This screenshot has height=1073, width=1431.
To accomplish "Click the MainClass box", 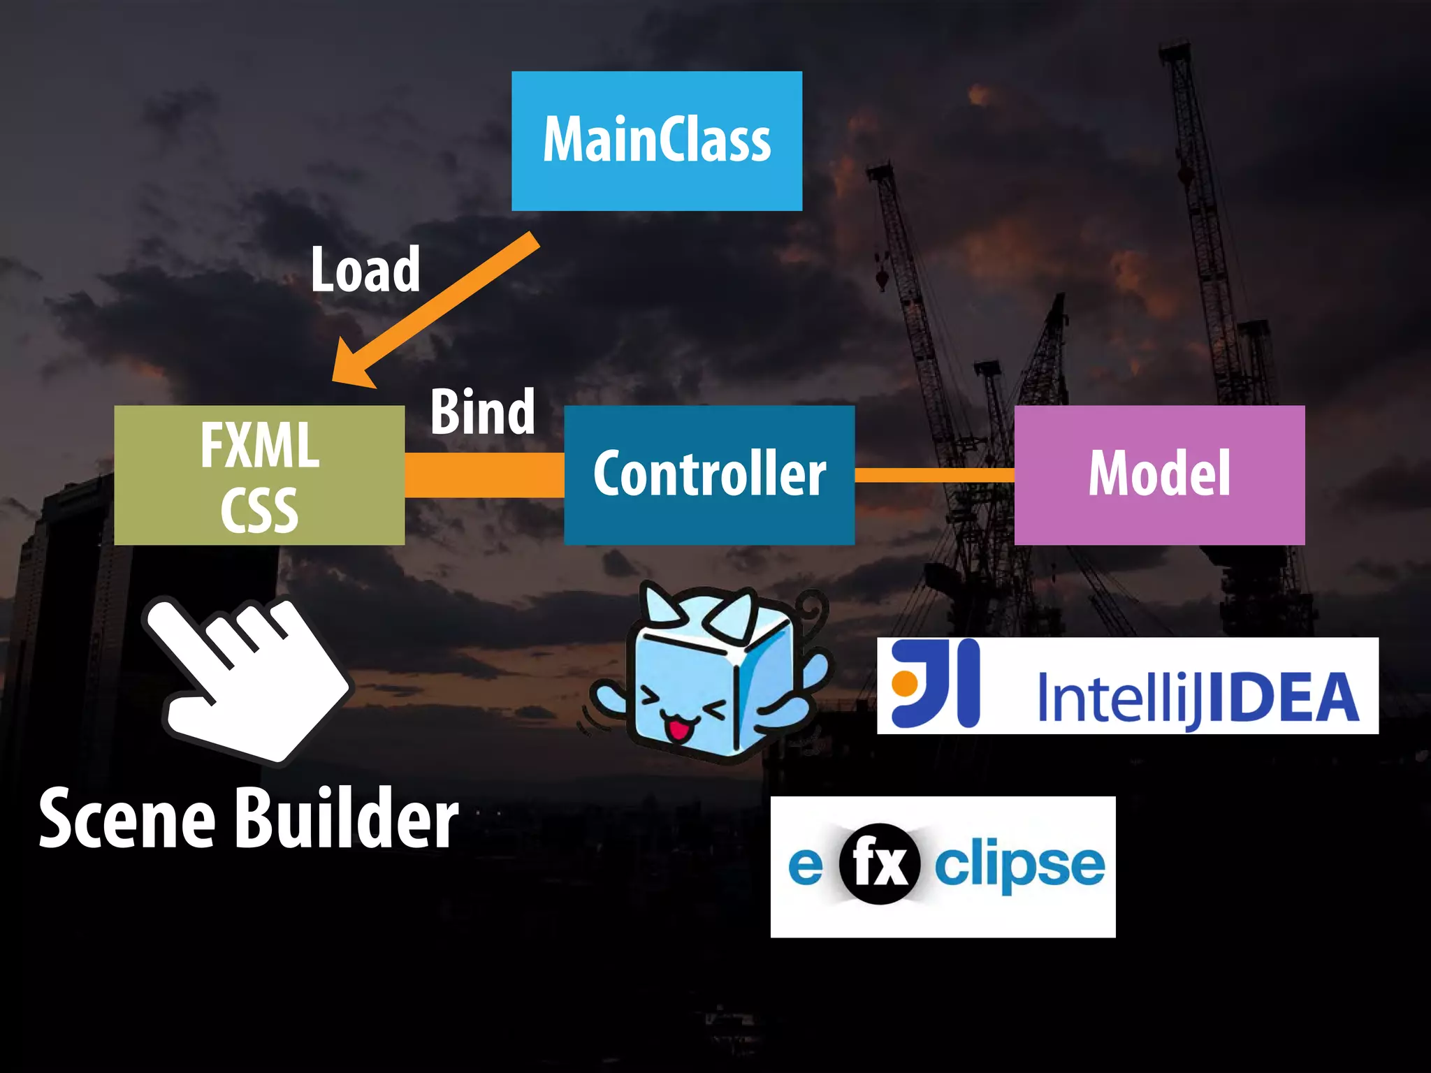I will [657, 140].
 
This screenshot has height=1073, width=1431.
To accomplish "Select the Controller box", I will [709, 474].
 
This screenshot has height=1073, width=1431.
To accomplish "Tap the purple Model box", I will [1159, 474].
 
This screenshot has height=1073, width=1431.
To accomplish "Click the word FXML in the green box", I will [260, 445].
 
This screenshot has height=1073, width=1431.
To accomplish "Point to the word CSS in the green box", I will [260, 510].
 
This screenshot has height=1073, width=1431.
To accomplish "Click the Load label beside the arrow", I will [365, 270].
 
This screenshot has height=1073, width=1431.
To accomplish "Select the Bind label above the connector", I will [483, 412].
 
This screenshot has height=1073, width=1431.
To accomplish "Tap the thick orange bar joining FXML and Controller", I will [484, 475].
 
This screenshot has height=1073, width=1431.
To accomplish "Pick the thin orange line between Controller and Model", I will [934, 475].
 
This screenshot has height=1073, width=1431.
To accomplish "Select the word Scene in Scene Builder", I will [126, 818].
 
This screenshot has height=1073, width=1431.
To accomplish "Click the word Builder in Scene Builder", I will [346, 818].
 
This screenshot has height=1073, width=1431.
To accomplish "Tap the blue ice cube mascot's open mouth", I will [676, 731].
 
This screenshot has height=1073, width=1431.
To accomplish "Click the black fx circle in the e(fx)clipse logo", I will [879, 864].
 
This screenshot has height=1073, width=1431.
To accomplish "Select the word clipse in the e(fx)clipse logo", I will [1020, 866].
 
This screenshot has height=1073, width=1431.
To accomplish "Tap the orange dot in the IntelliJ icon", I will [905, 683].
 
